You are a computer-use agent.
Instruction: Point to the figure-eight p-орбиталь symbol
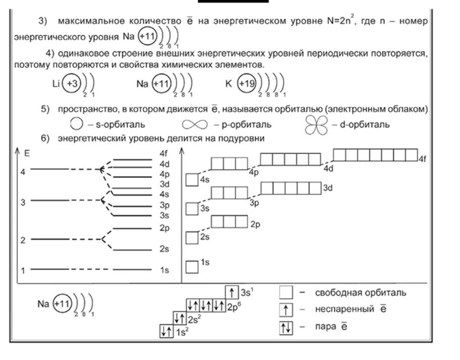point(193,124)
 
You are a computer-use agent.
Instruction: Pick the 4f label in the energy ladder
point(163,153)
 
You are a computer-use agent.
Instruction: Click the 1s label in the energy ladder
point(164,271)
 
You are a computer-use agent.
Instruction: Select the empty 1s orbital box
point(192,266)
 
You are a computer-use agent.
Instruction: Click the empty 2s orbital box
point(192,237)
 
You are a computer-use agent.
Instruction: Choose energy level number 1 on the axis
point(23,270)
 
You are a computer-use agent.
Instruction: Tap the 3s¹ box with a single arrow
point(232,292)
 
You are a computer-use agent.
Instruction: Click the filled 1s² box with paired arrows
point(166,331)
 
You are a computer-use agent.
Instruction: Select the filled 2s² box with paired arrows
point(180,318)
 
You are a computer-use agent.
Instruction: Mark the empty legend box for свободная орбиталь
point(286,292)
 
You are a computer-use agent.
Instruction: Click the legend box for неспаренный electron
point(286,309)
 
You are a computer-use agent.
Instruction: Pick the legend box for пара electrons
point(286,326)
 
